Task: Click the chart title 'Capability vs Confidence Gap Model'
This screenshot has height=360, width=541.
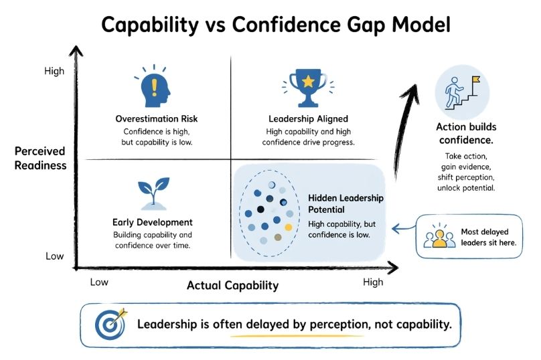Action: (x=270, y=25)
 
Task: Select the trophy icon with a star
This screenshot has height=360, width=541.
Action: (x=309, y=86)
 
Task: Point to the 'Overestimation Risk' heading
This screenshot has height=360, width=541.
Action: (x=157, y=119)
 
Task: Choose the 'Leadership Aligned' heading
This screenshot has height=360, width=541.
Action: (x=309, y=119)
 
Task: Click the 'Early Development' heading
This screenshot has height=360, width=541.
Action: (x=153, y=222)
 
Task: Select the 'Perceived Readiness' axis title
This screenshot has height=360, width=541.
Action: (x=40, y=159)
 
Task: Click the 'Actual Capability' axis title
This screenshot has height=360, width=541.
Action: (x=232, y=286)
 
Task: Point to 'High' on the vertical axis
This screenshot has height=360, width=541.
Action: (x=54, y=70)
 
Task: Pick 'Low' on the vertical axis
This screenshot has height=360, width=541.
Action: (x=54, y=256)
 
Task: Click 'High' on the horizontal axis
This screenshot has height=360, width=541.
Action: (x=373, y=282)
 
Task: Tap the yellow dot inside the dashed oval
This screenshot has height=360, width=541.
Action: (x=289, y=228)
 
